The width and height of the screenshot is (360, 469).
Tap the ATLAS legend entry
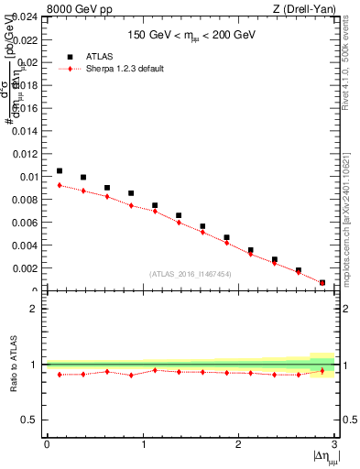click(103, 56)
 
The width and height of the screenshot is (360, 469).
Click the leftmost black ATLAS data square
click(60, 170)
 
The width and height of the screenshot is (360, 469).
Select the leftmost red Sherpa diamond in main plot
click(60, 185)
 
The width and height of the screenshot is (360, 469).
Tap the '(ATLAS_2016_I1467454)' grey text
click(191, 274)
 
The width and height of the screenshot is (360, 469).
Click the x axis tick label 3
click(334, 444)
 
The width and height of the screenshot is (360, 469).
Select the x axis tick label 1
click(143, 444)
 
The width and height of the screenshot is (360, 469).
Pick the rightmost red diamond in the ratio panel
click(322, 371)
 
